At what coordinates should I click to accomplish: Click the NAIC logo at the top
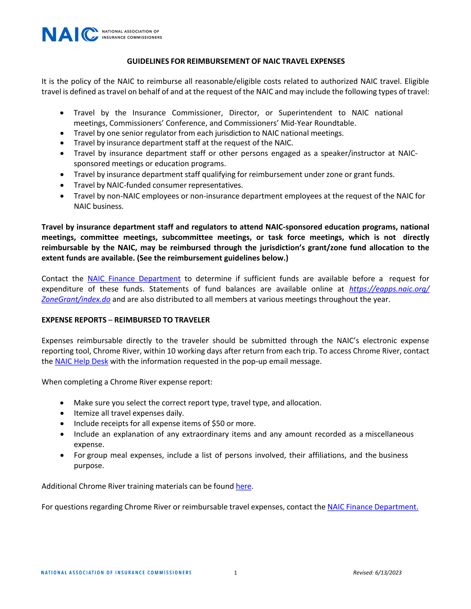(102, 34)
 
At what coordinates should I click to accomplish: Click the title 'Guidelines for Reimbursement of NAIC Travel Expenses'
(236, 61)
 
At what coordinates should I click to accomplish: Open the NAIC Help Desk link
(81, 362)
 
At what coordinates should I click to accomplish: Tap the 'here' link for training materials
(243, 486)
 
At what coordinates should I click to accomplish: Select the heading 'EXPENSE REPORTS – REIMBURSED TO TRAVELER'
(126, 320)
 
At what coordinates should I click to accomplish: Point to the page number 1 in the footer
(235, 573)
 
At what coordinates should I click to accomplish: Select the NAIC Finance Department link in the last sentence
(373, 507)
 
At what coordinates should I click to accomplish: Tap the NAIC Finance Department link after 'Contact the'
(134, 279)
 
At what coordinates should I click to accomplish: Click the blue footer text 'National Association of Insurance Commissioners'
(116, 573)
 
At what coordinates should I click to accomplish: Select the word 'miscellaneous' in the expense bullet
(389, 434)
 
